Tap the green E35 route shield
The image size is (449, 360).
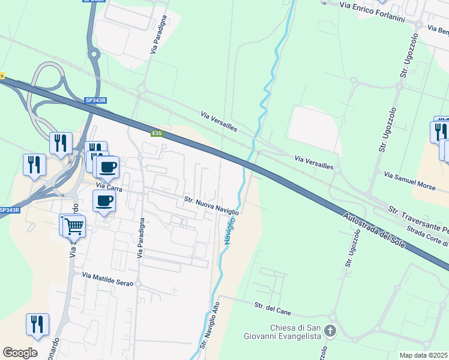pyautogui.click(x=157, y=133)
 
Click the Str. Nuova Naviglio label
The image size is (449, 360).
pyautogui.click(x=211, y=205)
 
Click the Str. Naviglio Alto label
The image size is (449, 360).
pyautogui.click(x=210, y=326)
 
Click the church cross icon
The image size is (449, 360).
pyautogui.click(x=330, y=331)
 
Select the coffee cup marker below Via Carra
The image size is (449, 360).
pyautogui.click(x=104, y=201)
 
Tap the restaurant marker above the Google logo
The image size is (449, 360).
pyautogui.click(x=37, y=324)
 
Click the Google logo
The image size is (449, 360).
pyautogui.click(x=20, y=353)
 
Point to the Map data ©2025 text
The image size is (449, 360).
pyautogui.click(x=424, y=355)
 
